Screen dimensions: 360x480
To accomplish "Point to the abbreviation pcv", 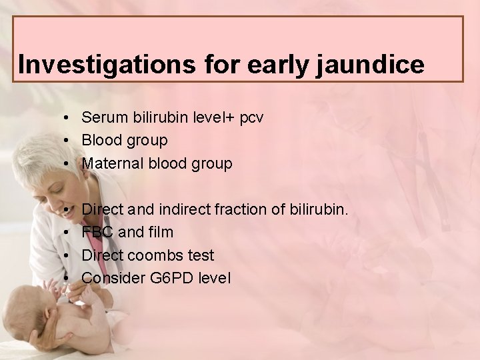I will pyautogui.click(x=252, y=118).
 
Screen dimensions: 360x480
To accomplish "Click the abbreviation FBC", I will pyautogui.click(x=97, y=233).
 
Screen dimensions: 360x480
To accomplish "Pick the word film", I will pyautogui.click(x=160, y=233).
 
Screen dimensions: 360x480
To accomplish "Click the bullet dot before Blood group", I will pyautogui.click(x=69, y=141).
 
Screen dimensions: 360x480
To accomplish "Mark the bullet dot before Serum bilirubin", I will pyautogui.click(x=69, y=118).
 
